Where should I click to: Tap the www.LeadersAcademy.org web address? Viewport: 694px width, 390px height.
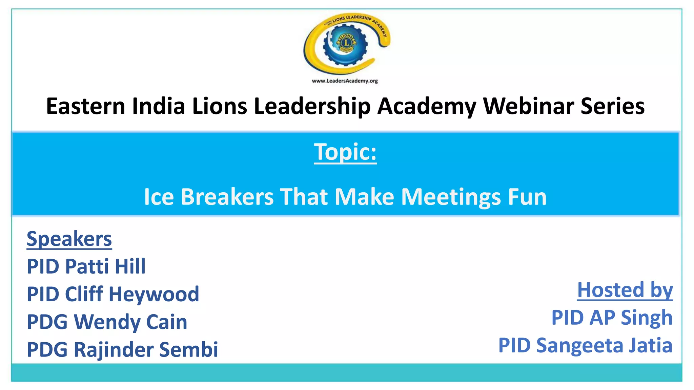point(345,81)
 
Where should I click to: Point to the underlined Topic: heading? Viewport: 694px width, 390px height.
point(345,152)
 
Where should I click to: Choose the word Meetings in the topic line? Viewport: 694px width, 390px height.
point(451,197)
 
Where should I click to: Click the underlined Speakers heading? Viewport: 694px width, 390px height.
point(69,239)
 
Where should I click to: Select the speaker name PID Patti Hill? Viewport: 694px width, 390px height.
point(86,266)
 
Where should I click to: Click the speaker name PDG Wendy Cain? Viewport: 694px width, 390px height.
point(107,322)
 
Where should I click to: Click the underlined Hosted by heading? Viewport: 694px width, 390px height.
point(625,290)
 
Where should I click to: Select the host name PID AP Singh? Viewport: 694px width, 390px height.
point(612,318)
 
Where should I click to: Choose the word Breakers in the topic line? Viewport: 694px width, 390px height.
point(227,197)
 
